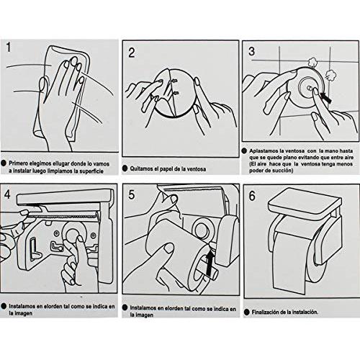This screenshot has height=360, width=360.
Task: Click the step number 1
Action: click(9, 48)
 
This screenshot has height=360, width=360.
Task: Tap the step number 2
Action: click(132, 53)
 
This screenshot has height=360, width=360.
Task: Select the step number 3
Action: click(251, 51)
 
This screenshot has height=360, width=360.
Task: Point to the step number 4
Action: click(7, 194)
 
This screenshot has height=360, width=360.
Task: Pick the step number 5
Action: click(132, 194)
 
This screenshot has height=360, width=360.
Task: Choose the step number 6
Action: click(252, 196)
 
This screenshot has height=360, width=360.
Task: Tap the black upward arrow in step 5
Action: click(210, 262)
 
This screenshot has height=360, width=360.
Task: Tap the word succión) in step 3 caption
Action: click(283, 171)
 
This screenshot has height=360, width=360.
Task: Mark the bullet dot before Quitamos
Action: click(125, 168)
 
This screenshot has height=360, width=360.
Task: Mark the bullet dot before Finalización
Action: click(246, 312)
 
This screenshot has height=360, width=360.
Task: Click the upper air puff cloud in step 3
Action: click(312, 63)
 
